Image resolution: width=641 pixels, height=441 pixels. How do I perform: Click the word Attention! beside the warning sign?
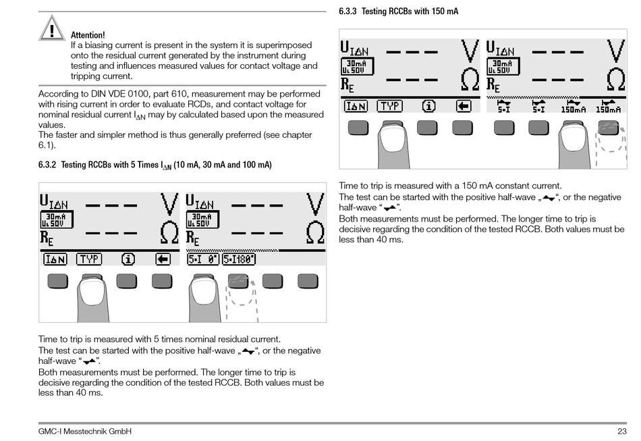click(x=88, y=35)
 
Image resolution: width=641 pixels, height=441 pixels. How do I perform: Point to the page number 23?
click(x=621, y=432)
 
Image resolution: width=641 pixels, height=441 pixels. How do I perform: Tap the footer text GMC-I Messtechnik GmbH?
click(x=85, y=432)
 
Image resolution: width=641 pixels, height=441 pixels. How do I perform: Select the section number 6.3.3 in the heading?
click(x=351, y=11)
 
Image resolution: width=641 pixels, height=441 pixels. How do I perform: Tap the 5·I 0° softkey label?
click(x=202, y=259)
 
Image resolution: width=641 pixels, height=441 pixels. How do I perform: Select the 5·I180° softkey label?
click(x=239, y=259)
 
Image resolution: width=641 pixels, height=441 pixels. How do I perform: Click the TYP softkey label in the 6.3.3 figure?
click(x=389, y=106)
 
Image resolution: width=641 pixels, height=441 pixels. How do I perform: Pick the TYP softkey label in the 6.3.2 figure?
click(x=89, y=259)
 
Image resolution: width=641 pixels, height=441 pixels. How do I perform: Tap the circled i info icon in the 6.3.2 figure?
click(x=128, y=259)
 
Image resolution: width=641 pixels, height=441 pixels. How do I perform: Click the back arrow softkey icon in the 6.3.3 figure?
click(x=463, y=106)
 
